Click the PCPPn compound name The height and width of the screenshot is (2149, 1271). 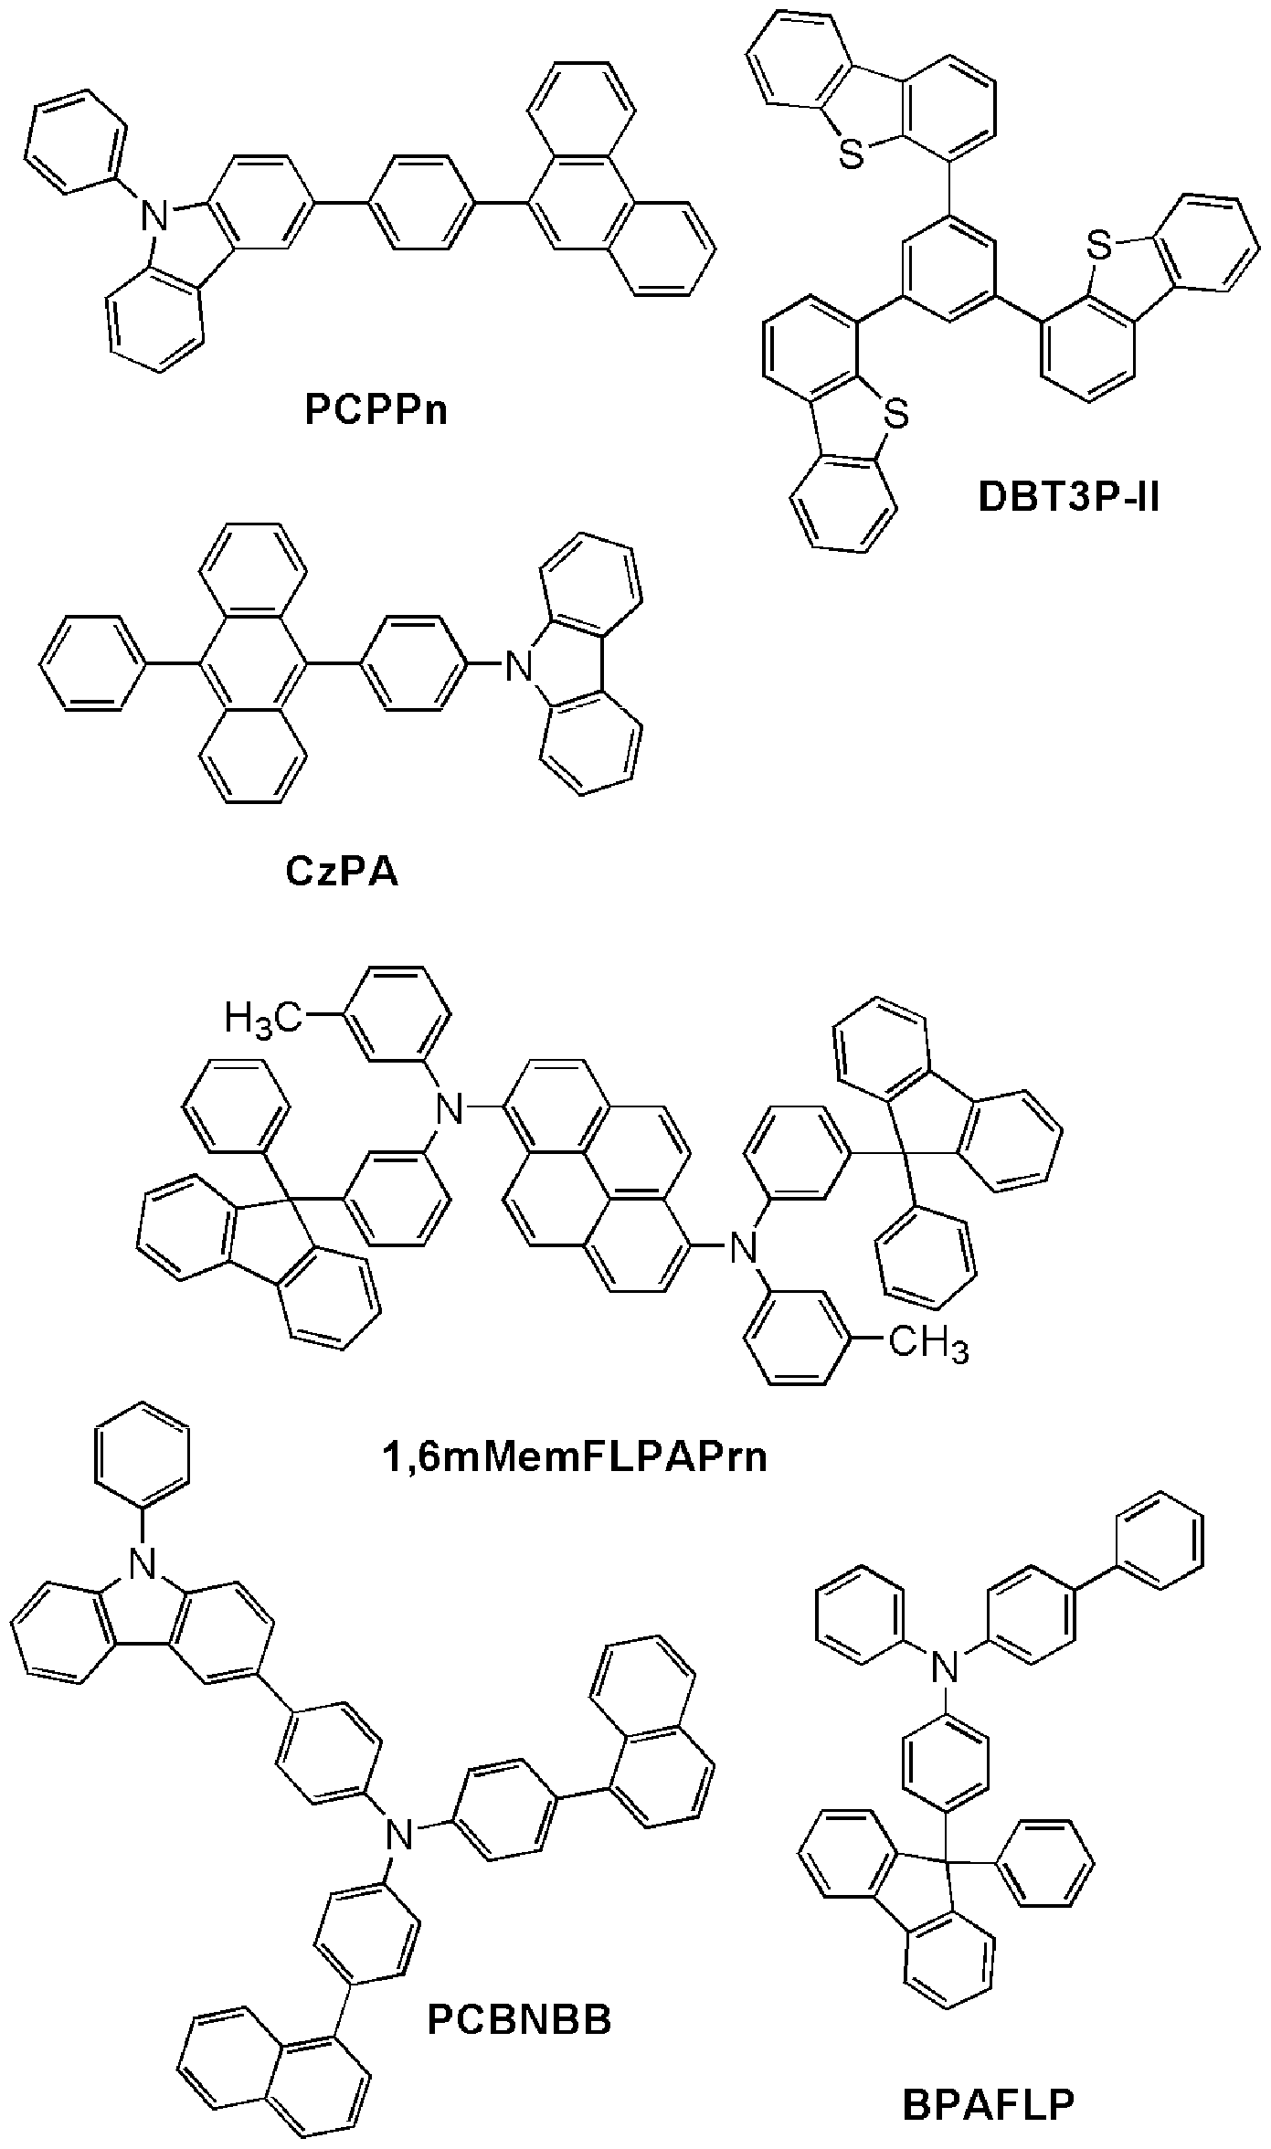[x=376, y=410]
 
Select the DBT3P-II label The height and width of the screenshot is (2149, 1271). [x=1068, y=498]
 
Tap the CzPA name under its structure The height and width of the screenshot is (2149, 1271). [x=343, y=871]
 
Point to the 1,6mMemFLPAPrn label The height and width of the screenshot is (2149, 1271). [x=574, y=1456]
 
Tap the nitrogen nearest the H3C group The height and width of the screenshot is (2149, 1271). [x=448, y=1107]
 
